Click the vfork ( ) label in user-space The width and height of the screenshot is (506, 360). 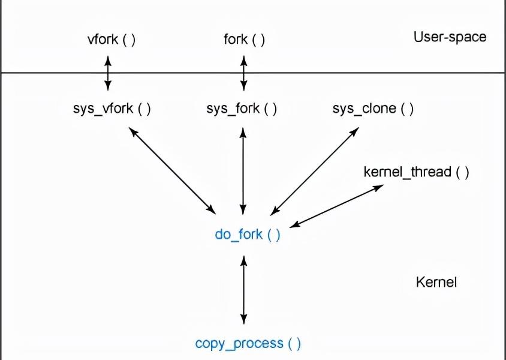112,40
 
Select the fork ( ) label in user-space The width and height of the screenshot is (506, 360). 244,40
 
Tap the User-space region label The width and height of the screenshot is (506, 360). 450,37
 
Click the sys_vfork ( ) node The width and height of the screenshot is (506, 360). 112,109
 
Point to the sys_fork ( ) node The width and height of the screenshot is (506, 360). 242,109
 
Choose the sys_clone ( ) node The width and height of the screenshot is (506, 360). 373,109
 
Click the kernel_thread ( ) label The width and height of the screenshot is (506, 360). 416,172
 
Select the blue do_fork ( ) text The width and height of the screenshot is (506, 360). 248,235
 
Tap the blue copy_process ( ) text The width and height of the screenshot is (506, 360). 248,343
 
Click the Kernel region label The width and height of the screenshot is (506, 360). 436,282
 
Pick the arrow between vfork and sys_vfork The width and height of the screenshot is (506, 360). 108,73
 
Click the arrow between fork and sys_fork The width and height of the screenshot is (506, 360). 244,73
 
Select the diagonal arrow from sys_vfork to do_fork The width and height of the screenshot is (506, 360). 172,170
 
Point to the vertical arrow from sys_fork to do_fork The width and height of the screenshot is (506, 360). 243,171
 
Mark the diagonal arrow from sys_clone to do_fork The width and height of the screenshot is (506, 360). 315,171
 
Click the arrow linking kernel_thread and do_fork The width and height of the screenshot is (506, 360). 336,206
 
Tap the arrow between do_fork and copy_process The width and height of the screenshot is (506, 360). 244,290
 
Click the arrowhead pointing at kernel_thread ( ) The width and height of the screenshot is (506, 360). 378,188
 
